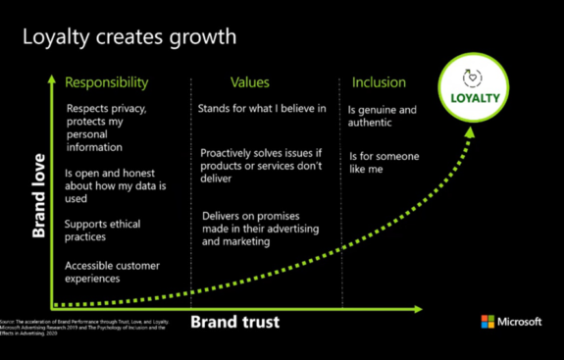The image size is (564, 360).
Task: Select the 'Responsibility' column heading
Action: coord(106,82)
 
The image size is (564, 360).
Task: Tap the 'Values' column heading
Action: coord(250,82)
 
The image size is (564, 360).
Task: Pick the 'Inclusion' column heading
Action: coord(378,82)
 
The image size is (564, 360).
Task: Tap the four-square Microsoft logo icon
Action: coord(487,322)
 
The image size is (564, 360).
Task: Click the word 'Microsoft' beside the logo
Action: coord(520,322)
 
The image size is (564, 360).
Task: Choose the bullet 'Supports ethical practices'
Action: coord(99,231)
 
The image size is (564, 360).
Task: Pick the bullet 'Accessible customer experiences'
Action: coord(106,272)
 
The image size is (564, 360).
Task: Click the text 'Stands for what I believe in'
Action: coord(261,108)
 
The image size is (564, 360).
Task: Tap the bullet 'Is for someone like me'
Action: coord(383,163)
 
